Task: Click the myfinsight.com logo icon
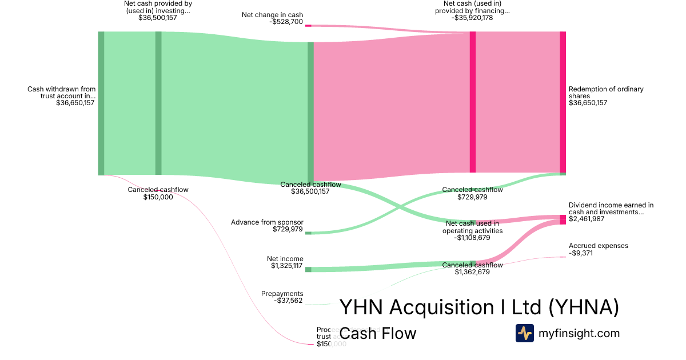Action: coord(525,333)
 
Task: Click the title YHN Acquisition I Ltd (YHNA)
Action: coord(479,307)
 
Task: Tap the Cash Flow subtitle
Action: coord(378,333)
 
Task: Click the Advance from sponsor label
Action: coord(267,226)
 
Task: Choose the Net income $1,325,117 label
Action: coord(287,262)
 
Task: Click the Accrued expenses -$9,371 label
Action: coord(598,249)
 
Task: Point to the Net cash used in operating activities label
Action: coord(472,230)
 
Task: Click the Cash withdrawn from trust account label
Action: coord(61,96)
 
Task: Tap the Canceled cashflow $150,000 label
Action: coord(158,193)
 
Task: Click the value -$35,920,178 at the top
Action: coord(472,18)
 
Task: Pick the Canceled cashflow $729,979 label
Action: coord(472,193)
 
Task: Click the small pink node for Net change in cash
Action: coord(308,26)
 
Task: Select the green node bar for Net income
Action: coord(308,269)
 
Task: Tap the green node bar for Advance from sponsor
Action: coord(308,233)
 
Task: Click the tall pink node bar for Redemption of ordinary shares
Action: coord(563,102)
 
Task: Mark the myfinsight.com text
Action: coord(579,333)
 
